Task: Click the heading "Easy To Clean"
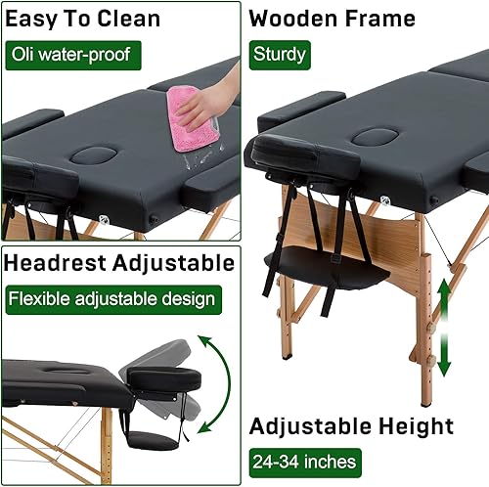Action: pyautogui.click(x=83, y=19)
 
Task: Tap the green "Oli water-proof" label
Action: pyautogui.click(x=69, y=53)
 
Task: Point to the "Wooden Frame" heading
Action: pyautogui.click(x=332, y=19)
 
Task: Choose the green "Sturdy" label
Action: pyautogui.click(x=279, y=53)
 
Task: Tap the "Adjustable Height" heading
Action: pyautogui.click(x=351, y=426)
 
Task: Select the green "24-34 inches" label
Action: pyautogui.click(x=302, y=460)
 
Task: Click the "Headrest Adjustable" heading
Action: pyautogui.click(x=118, y=263)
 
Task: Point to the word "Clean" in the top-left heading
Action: pyautogui.click(x=126, y=19)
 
